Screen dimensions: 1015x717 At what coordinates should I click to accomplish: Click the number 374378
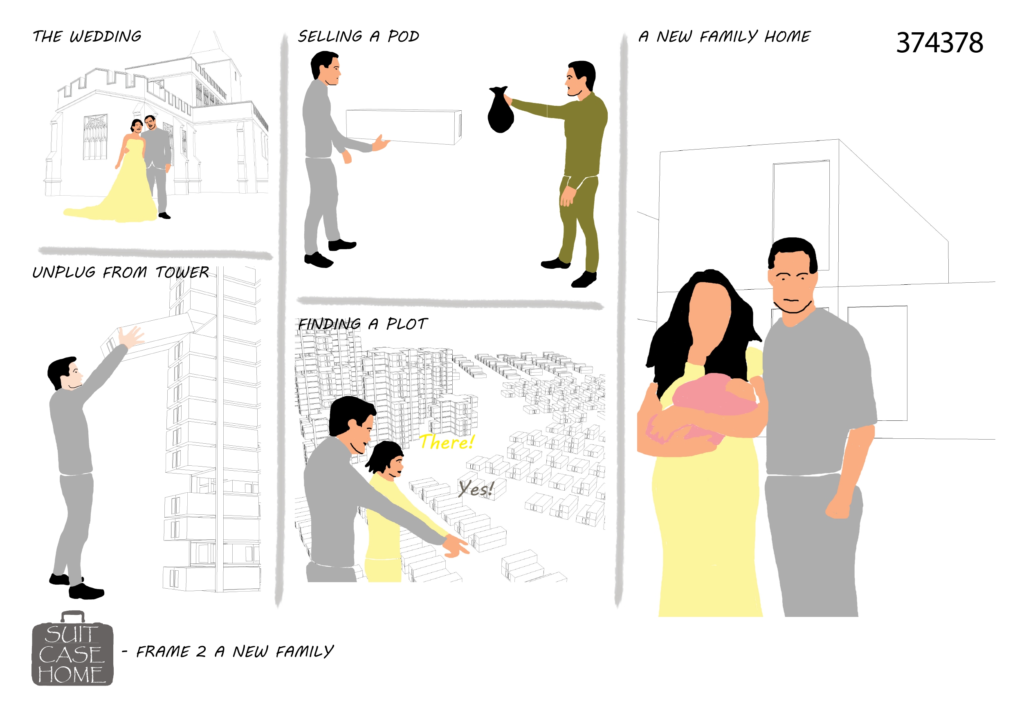tap(939, 43)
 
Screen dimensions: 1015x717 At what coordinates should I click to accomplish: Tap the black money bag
tap(501, 110)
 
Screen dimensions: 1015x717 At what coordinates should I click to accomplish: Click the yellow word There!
tap(447, 442)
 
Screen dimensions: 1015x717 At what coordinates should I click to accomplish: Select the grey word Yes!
tap(476, 489)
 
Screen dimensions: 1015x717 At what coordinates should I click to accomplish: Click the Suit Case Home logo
tap(72, 648)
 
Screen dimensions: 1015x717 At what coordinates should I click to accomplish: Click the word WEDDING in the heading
tap(105, 36)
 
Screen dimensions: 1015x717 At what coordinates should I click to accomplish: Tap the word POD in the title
tap(403, 36)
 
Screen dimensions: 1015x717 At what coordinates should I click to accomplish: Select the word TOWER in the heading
tap(182, 272)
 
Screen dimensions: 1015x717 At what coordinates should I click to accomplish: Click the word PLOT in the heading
tap(407, 324)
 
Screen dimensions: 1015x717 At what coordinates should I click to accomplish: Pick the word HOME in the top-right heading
tap(788, 36)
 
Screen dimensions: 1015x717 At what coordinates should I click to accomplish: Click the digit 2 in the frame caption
tap(201, 652)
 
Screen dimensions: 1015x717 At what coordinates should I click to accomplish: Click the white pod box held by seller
tap(404, 127)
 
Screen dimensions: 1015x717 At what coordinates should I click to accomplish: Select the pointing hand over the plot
tap(455, 545)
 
